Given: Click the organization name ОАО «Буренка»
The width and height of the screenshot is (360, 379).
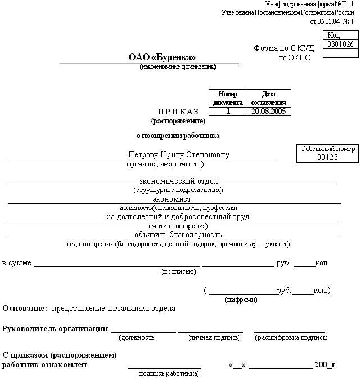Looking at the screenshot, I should click(x=162, y=57).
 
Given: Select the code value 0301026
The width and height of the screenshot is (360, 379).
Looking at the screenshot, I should click(x=341, y=44).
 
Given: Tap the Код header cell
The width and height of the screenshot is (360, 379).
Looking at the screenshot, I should click(x=341, y=35).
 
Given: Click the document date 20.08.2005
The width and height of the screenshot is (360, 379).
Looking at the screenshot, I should click(x=269, y=112).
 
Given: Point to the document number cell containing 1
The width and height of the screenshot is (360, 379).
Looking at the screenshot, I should click(x=228, y=112).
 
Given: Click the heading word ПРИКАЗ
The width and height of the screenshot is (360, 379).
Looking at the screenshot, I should click(x=178, y=112).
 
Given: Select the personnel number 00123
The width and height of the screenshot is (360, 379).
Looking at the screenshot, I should click(x=327, y=158).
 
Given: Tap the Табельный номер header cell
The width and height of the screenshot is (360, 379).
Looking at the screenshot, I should click(x=327, y=149).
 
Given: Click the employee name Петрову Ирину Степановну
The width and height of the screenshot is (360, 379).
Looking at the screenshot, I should click(x=179, y=155).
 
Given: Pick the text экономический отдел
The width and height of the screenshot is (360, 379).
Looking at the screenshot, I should click(x=178, y=181).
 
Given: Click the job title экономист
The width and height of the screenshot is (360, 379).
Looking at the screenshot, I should click(x=172, y=199).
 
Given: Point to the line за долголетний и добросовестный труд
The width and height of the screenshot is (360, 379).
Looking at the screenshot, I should click(x=178, y=216).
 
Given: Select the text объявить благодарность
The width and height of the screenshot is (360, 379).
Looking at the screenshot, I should click(x=178, y=234).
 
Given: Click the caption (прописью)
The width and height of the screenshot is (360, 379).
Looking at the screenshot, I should click(x=178, y=271).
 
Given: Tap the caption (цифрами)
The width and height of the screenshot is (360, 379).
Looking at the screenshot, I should click(x=241, y=300).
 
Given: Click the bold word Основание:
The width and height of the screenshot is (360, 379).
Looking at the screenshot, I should click(x=25, y=309).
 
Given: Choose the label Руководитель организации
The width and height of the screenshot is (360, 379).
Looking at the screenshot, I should click(x=55, y=328).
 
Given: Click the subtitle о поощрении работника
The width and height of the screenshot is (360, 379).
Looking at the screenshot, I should click(x=178, y=135).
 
